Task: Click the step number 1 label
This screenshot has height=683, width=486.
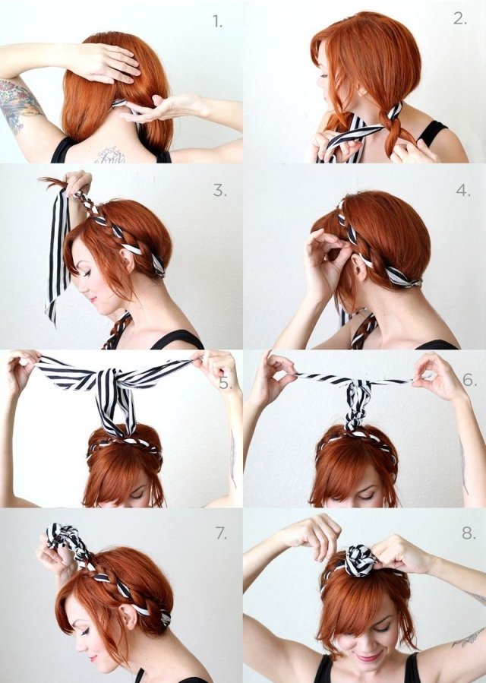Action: click(218, 22)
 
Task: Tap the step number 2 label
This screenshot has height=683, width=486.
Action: click(460, 19)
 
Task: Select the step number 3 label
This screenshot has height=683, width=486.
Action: click(219, 191)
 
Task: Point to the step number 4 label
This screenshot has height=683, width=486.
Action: click(462, 190)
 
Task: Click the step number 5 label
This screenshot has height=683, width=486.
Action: click(225, 382)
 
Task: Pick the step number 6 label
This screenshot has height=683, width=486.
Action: click(469, 378)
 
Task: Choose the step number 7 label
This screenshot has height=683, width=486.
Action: click(220, 533)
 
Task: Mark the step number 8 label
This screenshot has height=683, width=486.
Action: click(468, 533)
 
